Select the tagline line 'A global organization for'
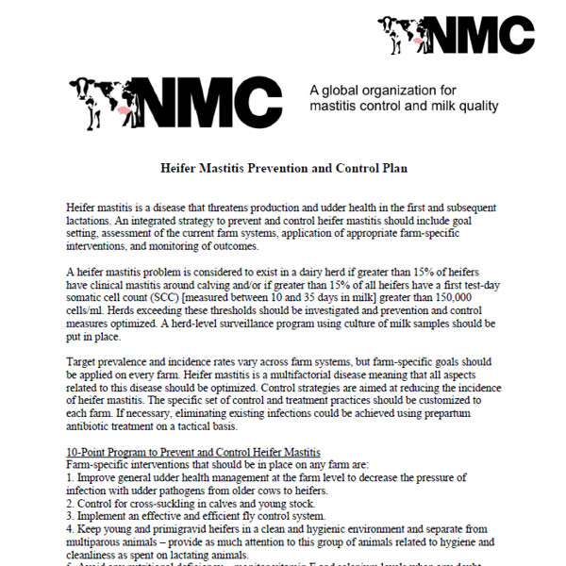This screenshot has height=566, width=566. (x=382, y=90)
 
